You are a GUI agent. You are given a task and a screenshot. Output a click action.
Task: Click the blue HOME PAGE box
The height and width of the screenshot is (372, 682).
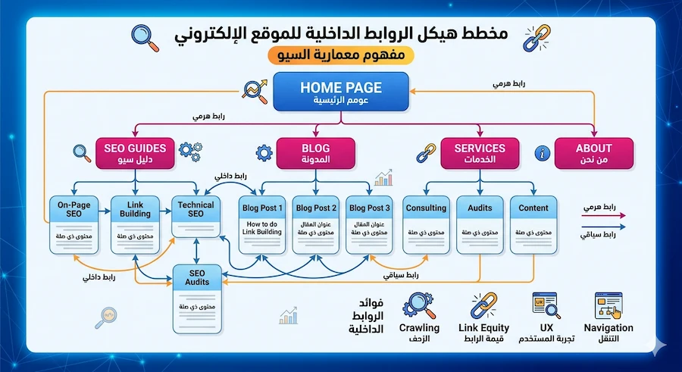(x=340, y=92)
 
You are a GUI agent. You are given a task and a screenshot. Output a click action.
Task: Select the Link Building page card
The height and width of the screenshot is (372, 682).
(x=136, y=225)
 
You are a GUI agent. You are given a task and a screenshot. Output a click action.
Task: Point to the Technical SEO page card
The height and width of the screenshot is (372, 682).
(x=196, y=225)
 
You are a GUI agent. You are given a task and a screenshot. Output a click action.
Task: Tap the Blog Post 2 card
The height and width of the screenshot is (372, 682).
(x=315, y=225)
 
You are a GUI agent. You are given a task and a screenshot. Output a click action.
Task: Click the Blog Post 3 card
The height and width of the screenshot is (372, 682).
(x=369, y=225)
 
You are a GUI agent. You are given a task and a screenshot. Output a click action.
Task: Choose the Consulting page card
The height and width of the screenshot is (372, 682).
(x=426, y=225)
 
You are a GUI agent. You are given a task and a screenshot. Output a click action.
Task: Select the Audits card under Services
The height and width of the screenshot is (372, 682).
(x=480, y=225)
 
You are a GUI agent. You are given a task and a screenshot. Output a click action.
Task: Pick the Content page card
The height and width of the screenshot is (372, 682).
(x=533, y=225)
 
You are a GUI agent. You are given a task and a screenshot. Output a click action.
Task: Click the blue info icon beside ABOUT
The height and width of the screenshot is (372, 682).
(x=541, y=153)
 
